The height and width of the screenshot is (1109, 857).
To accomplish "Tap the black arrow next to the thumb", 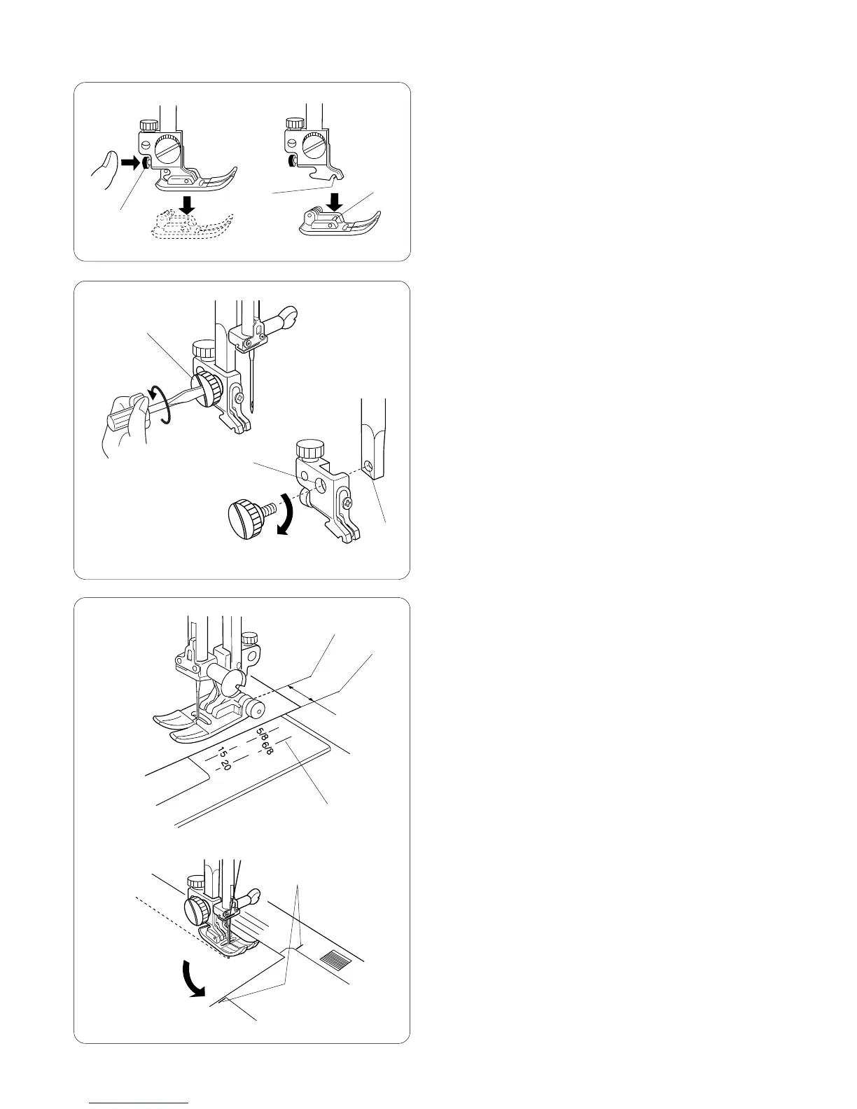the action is click(x=130, y=163).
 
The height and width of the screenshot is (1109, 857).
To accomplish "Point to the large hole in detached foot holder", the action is click(x=320, y=484).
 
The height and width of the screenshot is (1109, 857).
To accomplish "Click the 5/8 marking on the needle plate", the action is click(x=261, y=735).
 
